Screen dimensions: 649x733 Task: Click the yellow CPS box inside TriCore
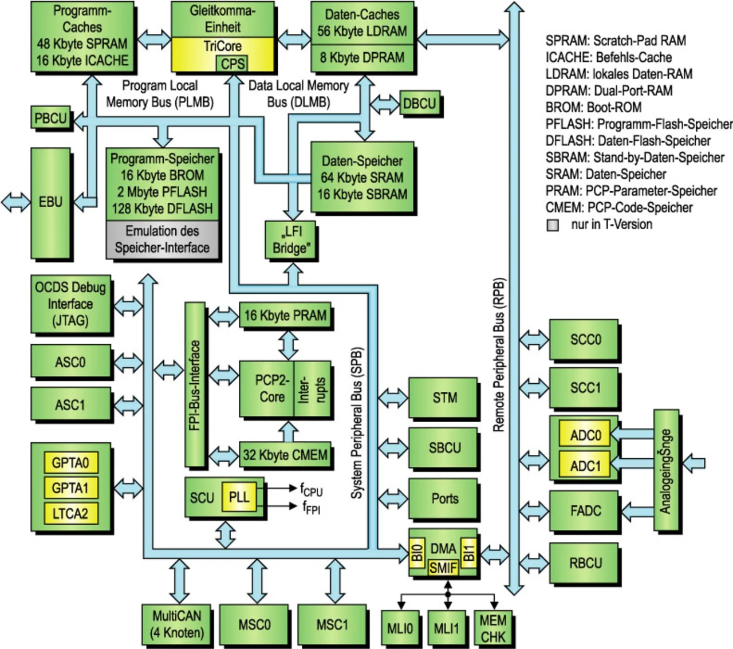pos(232,64)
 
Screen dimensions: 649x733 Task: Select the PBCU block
pos(50,118)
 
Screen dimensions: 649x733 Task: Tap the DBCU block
pos(419,104)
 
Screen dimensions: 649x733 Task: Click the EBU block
pos(50,202)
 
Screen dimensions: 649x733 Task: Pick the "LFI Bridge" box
pos(290,240)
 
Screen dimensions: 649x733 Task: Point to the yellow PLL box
pos(239,497)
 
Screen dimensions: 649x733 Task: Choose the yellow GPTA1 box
pos(70,488)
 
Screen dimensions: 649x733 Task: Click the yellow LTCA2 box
pos(70,513)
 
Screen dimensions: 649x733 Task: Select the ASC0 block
pos(70,362)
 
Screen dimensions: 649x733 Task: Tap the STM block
pos(444,398)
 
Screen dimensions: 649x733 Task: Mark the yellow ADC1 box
pos(585,466)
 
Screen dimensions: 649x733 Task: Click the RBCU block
pos(585,563)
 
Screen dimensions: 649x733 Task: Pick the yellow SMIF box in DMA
pos(443,568)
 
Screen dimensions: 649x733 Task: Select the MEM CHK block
pos(492,629)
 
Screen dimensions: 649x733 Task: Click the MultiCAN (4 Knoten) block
pos(176,624)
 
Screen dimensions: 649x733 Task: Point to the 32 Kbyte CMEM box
pos(285,455)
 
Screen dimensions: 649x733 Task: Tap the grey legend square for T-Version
pos(553,225)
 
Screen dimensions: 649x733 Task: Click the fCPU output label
pos(311,490)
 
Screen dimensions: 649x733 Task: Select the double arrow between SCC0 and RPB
pos(534,339)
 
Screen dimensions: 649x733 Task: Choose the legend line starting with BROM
pos(593,108)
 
